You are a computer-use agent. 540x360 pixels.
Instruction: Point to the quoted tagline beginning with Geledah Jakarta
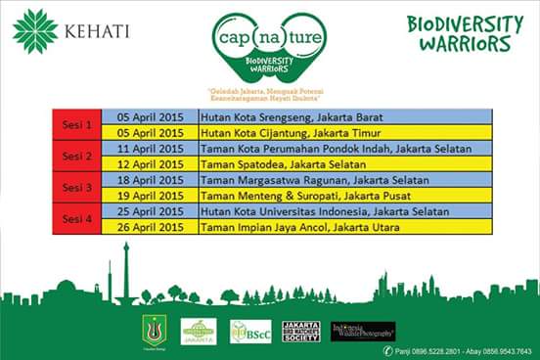point(269,95)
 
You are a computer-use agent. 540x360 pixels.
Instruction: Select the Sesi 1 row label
point(76,124)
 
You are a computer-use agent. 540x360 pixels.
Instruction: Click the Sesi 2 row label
point(76,156)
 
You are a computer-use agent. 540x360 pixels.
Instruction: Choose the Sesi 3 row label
point(76,187)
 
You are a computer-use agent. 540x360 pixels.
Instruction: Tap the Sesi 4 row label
point(76,218)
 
